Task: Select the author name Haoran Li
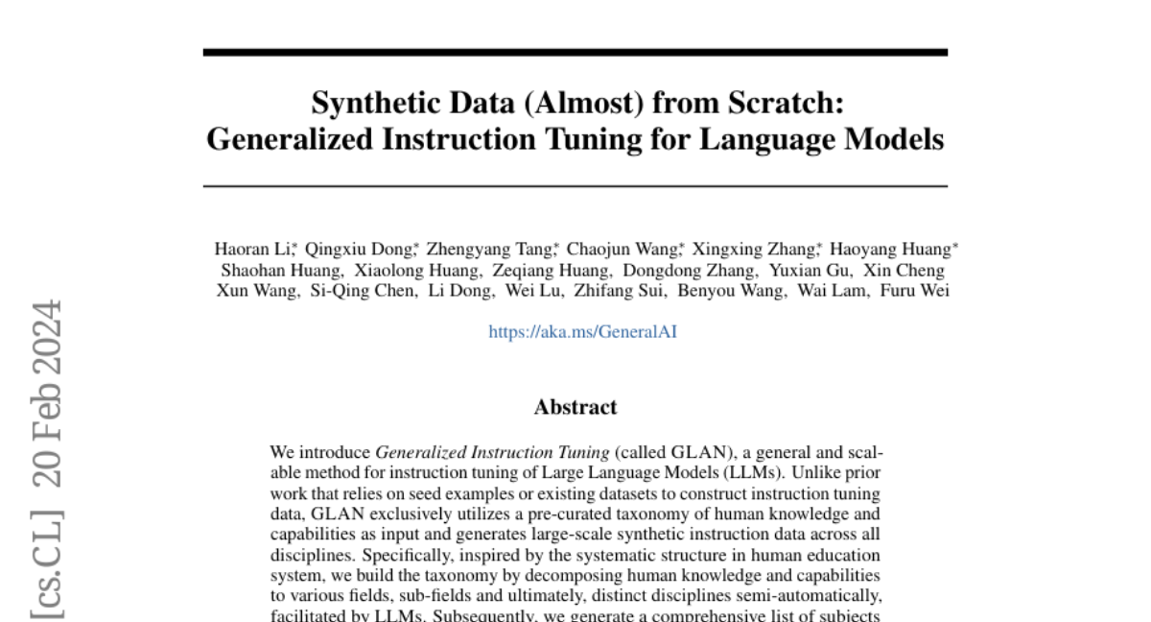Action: [x=253, y=250]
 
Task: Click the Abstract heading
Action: [x=575, y=407]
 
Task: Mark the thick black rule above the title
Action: [x=575, y=53]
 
